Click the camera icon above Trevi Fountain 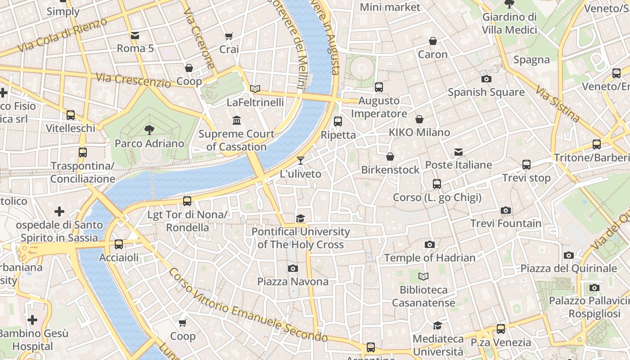(506, 210)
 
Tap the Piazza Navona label (292, 282)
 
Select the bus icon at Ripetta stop (338, 121)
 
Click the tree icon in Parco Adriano (149, 130)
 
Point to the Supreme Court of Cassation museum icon (237, 120)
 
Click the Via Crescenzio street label (133, 80)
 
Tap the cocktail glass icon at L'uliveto (301, 160)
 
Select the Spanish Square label (486, 92)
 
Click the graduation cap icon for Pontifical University (300, 218)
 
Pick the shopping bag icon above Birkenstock (390, 156)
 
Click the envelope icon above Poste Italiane (459, 152)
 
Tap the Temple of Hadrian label (429, 258)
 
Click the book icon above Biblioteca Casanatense (423, 276)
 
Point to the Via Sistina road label (558, 104)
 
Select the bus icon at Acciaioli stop (119, 244)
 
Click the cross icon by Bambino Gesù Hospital (32, 320)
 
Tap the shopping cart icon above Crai (229, 36)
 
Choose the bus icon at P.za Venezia (500, 329)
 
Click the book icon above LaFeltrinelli (255, 89)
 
